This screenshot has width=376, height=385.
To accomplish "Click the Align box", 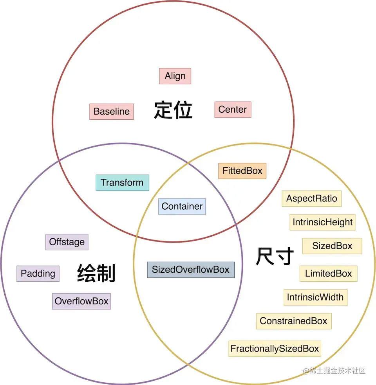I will coord(175,76).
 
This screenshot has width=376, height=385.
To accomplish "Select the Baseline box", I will coord(112,112).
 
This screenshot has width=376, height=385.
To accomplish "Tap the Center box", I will coord(233,110).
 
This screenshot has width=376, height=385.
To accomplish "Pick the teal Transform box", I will coord(122,183).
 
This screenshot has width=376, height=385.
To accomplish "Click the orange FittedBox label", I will coord(242,171).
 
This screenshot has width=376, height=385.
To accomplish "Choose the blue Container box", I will coord(182,206).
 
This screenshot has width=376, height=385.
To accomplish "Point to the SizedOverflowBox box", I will coord(191,270).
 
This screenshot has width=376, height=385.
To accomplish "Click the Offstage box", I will coord(67,242).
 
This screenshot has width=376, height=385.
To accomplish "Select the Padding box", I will coord(38,273).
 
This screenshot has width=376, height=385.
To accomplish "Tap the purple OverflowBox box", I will coord(81,301).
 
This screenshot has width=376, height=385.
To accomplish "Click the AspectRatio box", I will coord(311,198).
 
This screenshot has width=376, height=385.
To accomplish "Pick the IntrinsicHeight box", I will coord(323,222).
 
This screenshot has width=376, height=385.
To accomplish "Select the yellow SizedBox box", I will coord(332,246).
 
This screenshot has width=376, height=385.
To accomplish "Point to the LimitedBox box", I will coord(329,273).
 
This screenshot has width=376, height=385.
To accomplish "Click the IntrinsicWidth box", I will coord(315,297).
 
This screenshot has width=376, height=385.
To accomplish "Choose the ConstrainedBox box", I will coord(293,321).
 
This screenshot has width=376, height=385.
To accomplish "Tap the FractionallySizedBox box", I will coord(275,349).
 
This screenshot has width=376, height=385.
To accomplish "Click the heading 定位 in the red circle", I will coord(173,110).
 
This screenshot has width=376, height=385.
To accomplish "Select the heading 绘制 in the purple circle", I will coord(96,273).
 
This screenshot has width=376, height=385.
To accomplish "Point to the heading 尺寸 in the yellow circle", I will coord(275,257).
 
